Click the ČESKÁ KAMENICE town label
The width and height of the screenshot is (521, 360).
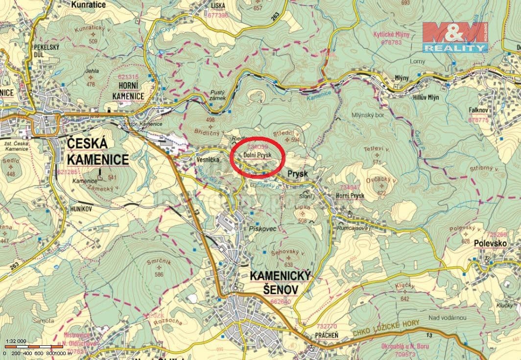pos(97,151)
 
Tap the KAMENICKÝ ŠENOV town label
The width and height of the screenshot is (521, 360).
pos(281,283)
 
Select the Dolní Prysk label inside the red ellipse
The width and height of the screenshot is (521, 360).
pos(257,155)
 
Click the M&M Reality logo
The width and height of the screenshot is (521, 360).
pos(455,37)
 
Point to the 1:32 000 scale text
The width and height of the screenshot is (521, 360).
pos(16,341)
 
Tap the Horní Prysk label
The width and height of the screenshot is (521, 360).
pos(350,196)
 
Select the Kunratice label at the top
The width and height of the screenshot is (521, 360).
pos(89,4)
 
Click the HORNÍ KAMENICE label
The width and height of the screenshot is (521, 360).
pos(128,91)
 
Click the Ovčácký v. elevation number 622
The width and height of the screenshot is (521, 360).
pos(381,193)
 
